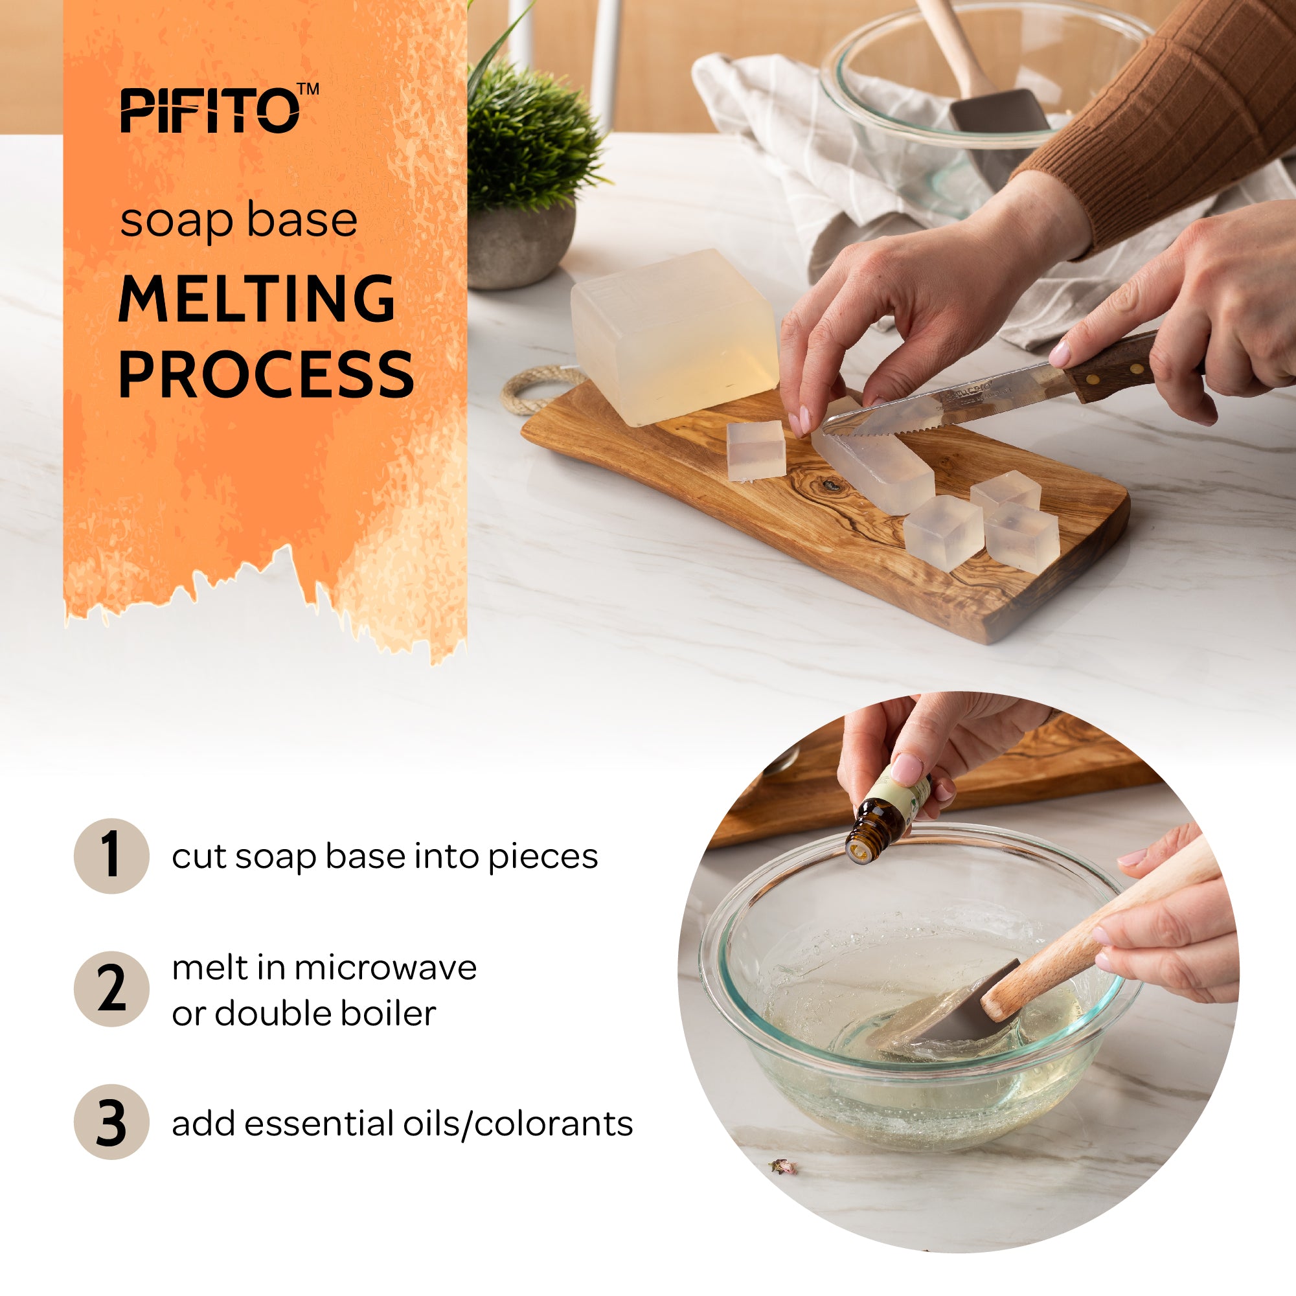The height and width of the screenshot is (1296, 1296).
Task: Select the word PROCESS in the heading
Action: pyautogui.click(x=266, y=374)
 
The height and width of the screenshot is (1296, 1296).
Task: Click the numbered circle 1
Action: pyautogui.click(x=111, y=856)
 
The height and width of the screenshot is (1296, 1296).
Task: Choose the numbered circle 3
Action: pyautogui.click(x=111, y=1122)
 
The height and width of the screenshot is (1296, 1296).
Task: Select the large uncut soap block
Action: pyautogui.click(x=671, y=335)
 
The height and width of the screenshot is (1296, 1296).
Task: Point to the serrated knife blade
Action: pyautogui.click(x=939, y=409)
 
